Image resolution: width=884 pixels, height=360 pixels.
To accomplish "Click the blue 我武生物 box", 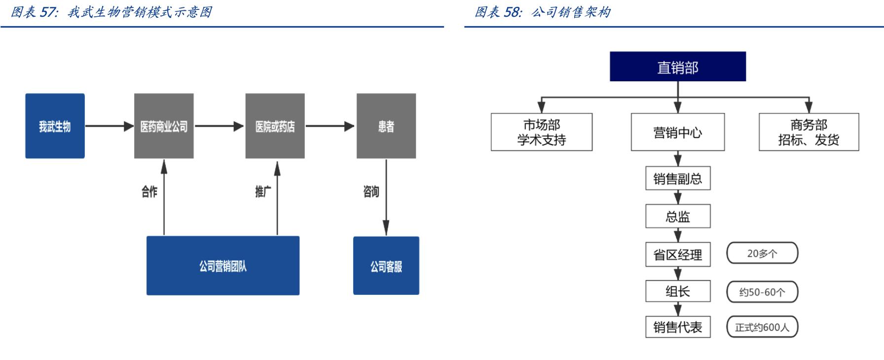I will pyautogui.click(x=55, y=126).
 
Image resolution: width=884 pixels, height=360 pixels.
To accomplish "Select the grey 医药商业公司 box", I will pyautogui.click(x=164, y=126).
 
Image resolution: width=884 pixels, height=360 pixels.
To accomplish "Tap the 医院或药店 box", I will pyautogui.click(x=275, y=126).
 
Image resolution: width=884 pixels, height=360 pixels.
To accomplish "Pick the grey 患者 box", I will pyautogui.click(x=386, y=126).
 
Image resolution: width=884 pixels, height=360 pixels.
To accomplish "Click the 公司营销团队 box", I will pyautogui.click(x=223, y=266).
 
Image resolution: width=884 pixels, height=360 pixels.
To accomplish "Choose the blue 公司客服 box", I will pyautogui.click(x=386, y=266).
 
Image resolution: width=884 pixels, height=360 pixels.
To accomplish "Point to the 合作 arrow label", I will pyautogui.click(x=149, y=191).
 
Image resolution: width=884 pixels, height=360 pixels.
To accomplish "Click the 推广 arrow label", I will pyautogui.click(x=263, y=191).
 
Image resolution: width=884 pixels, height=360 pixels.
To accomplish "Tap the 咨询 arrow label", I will pyautogui.click(x=371, y=191).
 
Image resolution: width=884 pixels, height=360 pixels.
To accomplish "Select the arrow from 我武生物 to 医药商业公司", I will pyautogui.click(x=109, y=126).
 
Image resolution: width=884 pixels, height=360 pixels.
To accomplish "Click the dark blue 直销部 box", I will pyautogui.click(x=678, y=67).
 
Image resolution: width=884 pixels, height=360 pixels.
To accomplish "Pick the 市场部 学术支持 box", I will pyautogui.click(x=542, y=132).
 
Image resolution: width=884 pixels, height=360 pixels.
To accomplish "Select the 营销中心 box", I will pyautogui.click(x=678, y=132).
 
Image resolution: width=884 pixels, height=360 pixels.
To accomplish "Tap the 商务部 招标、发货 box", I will pyautogui.click(x=809, y=132).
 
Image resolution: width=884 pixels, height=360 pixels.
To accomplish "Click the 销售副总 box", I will pyautogui.click(x=678, y=179).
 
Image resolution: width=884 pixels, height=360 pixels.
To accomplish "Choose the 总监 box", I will pyautogui.click(x=678, y=216).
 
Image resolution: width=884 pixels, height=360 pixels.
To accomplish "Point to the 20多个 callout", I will pyautogui.click(x=762, y=253).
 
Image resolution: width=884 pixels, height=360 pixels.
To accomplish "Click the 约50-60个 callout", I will pyautogui.click(x=762, y=292).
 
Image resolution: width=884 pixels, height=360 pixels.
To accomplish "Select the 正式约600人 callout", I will pyautogui.click(x=762, y=327).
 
